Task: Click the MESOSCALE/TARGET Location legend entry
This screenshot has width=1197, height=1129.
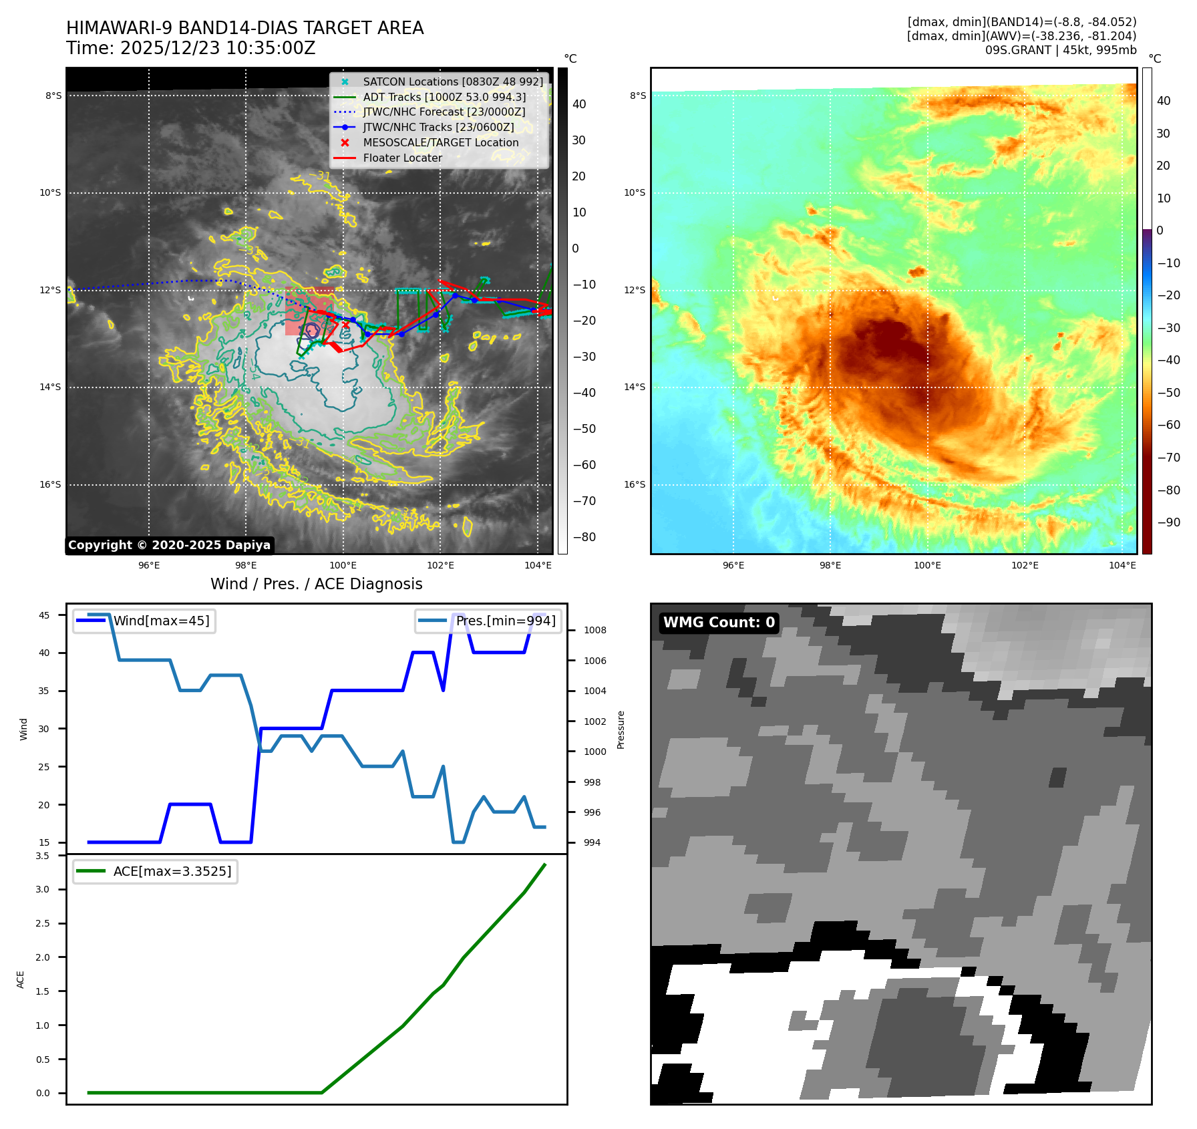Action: [x=440, y=142]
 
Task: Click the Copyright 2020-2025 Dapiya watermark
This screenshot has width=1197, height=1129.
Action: [x=169, y=545]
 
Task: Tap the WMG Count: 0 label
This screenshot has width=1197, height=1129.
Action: [x=719, y=623]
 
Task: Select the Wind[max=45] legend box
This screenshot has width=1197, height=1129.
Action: [x=144, y=621]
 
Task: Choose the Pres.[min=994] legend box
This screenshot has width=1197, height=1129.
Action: [x=488, y=621]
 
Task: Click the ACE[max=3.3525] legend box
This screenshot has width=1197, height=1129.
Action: [x=155, y=871]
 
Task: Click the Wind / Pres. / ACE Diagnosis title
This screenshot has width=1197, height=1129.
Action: [x=317, y=584]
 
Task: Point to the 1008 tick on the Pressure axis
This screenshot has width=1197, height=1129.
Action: [x=594, y=630]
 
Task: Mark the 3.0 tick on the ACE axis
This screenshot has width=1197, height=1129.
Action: [x=43, y=889]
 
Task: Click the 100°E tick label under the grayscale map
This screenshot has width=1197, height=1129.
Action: [x=343, y=565]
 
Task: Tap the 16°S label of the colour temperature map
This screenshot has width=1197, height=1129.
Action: [x=635, y=484]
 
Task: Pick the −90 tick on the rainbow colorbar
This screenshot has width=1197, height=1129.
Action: [x=1168, y=522]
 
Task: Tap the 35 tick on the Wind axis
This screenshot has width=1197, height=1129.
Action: [x=44, y=691]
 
